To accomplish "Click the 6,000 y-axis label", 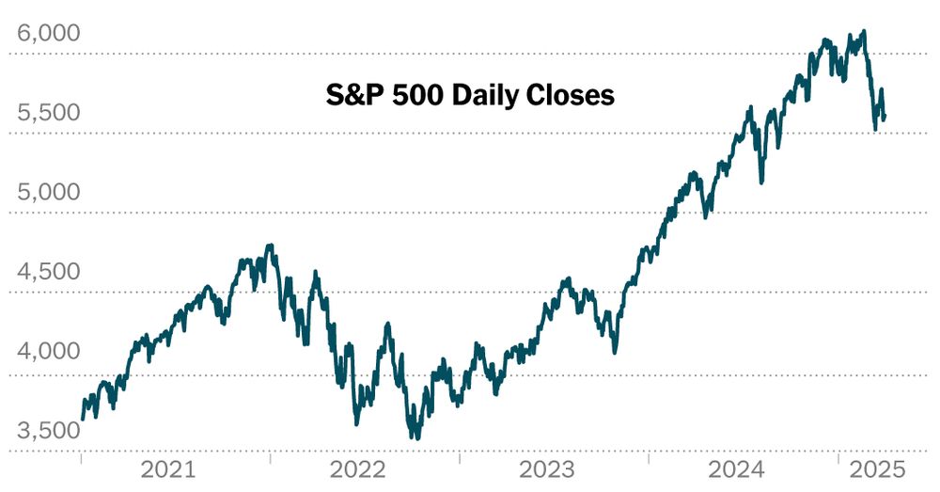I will tap(48, 34).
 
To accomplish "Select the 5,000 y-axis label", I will tap(48, 193).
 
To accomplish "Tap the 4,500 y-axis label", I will tap(48, 272).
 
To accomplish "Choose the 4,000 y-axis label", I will tap(48, 352).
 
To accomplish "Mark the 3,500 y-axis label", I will tap(48, 431).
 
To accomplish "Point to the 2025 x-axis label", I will tap(877, 469).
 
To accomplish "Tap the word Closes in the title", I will tap(571, 95).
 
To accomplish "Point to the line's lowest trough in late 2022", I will tap(415, 436).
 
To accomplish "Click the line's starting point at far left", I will tap(83, 418).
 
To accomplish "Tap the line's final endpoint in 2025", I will tap(885, 116).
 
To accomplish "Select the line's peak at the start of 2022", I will tap(271, 246).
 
